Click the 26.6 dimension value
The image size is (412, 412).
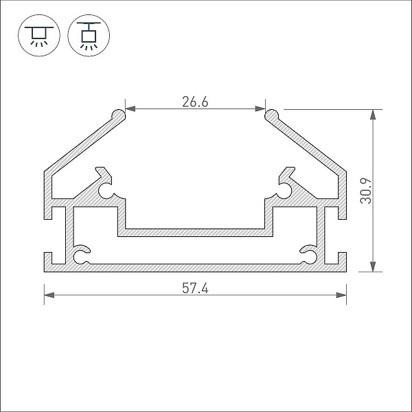point(195,102)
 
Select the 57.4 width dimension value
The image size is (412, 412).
point(195,288)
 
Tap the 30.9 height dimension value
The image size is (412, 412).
point(366,191)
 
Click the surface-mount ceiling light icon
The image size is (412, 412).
point(39,36)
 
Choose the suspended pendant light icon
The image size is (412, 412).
point(89,36)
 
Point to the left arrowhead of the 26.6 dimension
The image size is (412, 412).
point(130,108)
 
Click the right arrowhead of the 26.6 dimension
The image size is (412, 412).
point(260,108)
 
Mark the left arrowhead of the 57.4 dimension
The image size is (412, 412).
point(49,295)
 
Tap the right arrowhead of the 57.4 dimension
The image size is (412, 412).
point(341,295)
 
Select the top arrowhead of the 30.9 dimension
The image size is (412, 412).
point(373,115)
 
